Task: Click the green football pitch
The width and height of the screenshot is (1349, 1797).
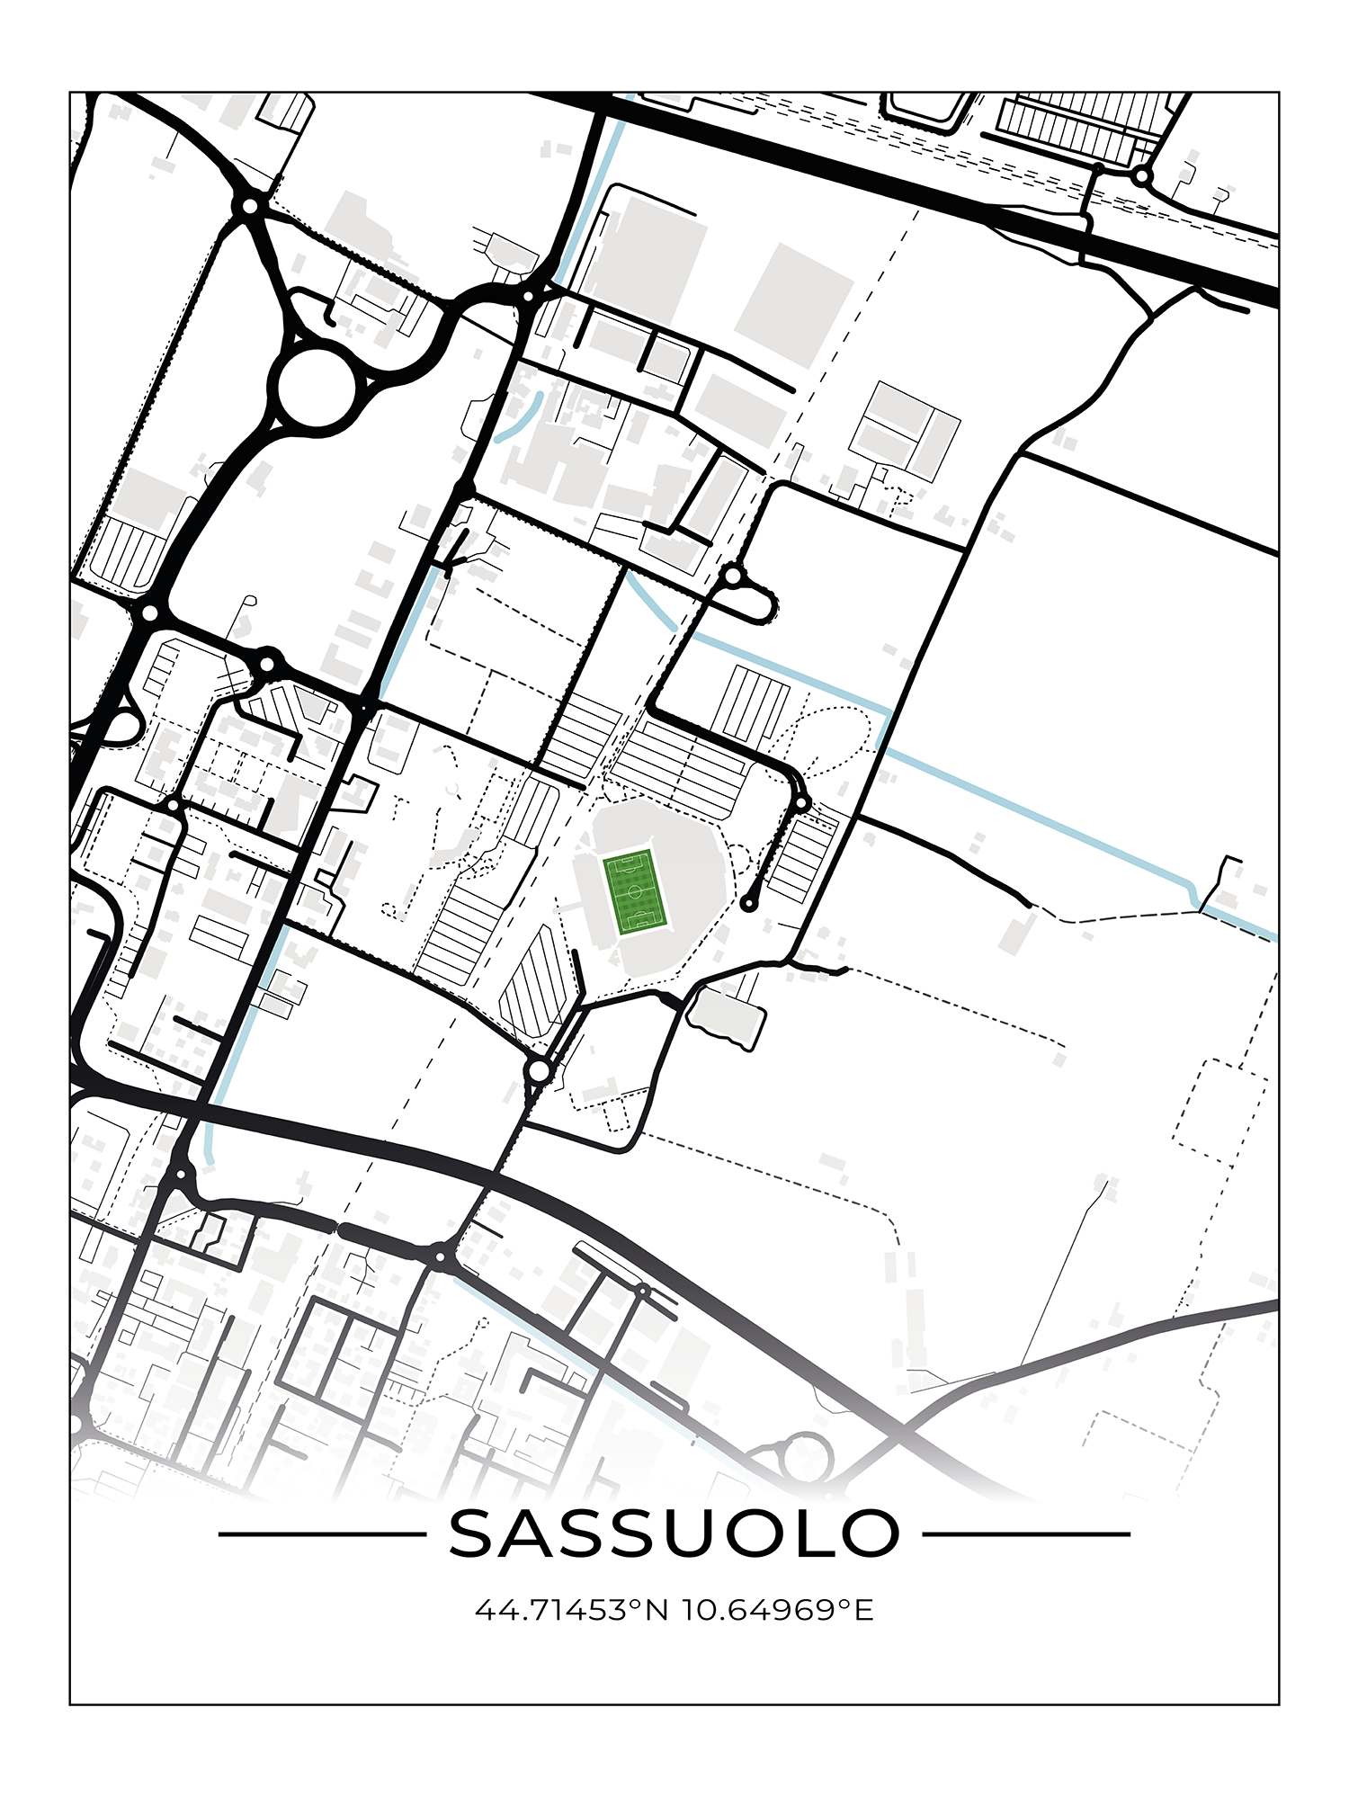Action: point(635,892)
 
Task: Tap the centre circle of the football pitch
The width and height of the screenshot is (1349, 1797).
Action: point(635,892)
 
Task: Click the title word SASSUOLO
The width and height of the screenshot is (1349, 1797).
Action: point(674,1533)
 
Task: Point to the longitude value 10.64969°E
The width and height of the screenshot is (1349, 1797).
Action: point(778,1610)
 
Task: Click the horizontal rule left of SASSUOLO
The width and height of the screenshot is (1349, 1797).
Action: point(322,1534)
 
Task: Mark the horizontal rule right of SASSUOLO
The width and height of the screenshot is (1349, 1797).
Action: point(1026,1534)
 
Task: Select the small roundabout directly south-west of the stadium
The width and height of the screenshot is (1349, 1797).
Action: point(539,1071)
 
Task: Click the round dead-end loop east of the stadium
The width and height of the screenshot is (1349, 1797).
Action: point(748,904)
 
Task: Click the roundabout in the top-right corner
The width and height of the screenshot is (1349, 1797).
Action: point(1142,176)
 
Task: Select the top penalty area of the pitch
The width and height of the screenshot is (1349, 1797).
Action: point(626,863)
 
